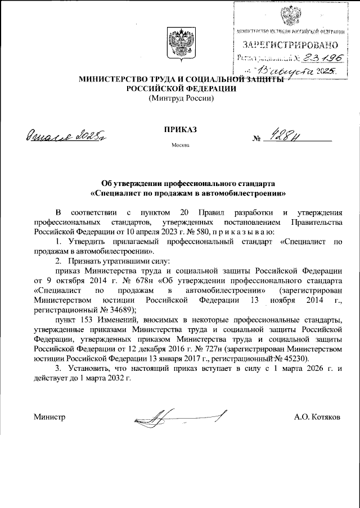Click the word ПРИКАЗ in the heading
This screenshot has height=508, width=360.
[x=180, y=129]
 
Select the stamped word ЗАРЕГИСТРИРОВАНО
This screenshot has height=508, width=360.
[x=290, y=44]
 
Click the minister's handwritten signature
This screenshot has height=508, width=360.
[x=179, y=418]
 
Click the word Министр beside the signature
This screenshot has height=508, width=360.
[x=49, y=417]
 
